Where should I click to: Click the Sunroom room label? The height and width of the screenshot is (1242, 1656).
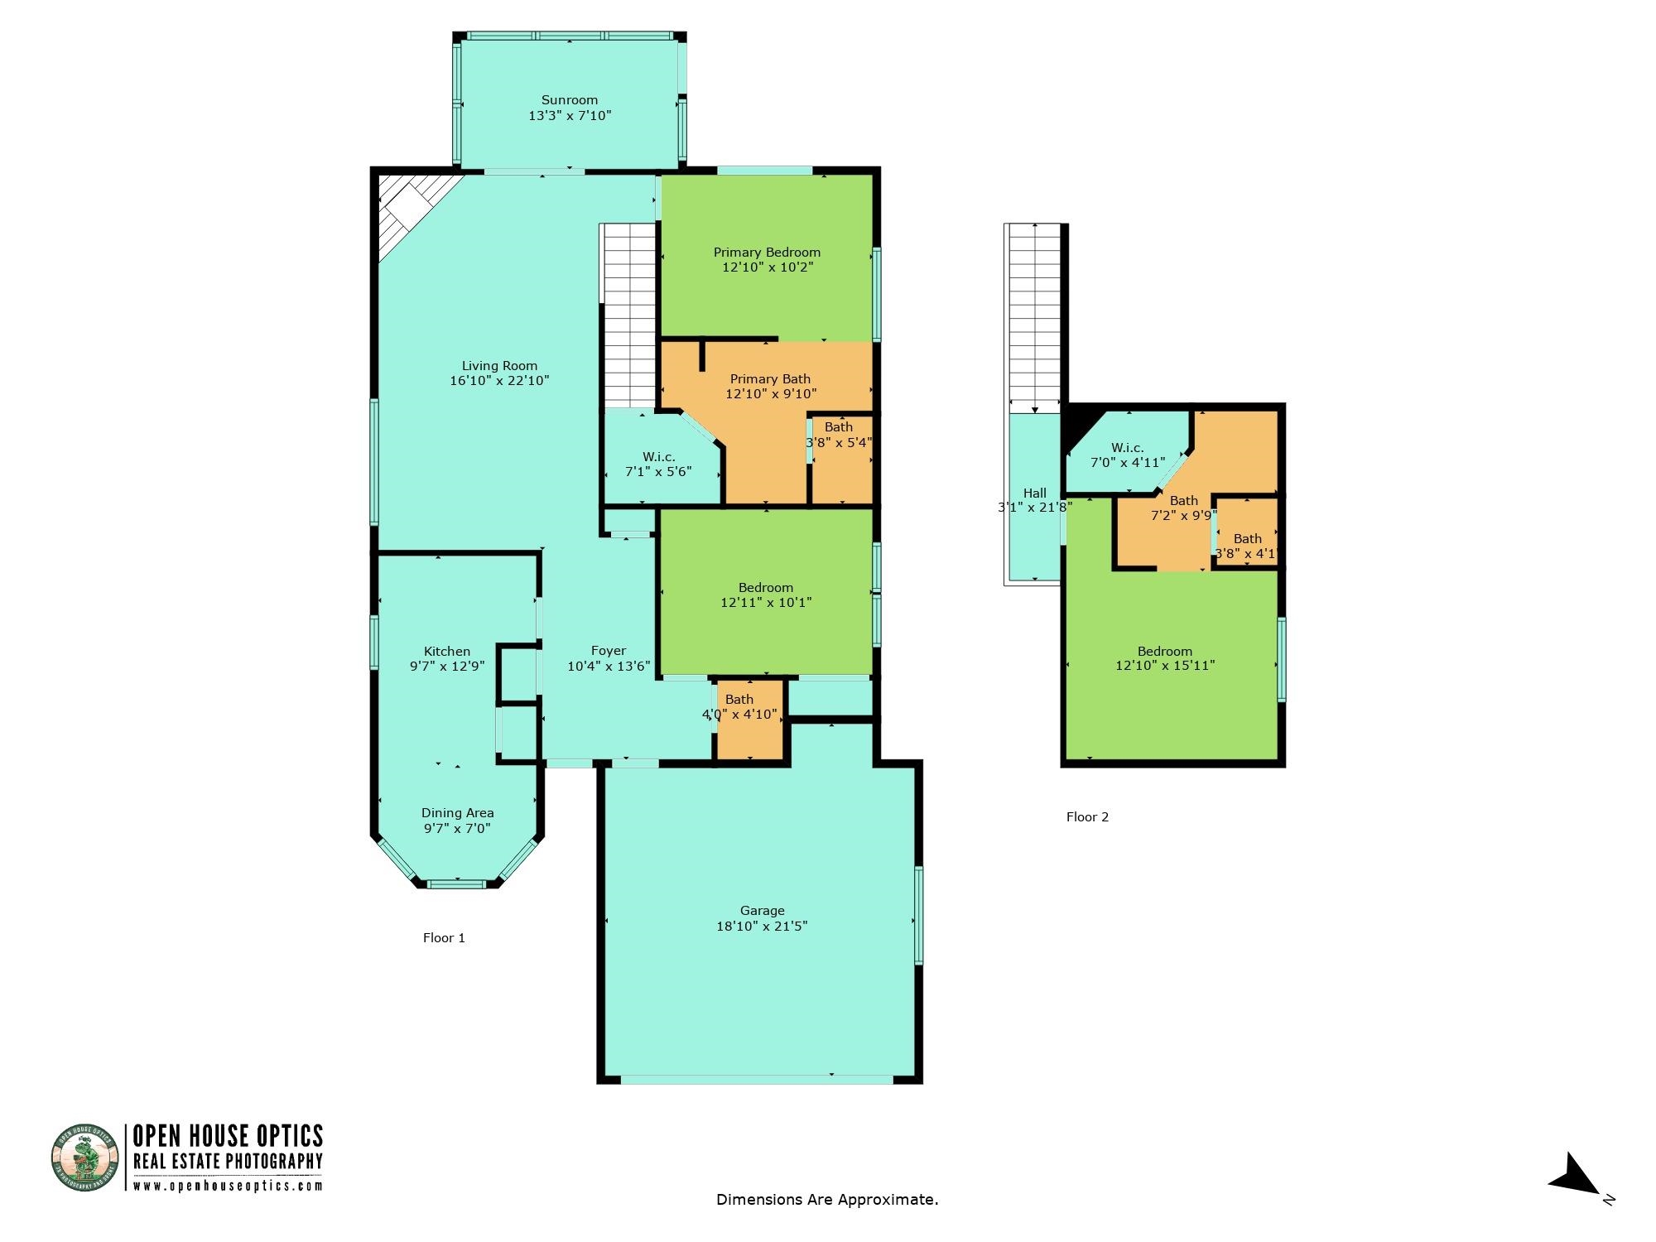click(570, 100)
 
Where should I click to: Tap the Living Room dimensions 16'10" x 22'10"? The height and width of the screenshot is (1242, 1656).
click(499, 381)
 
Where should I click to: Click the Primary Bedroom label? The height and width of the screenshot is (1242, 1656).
click(767, 253)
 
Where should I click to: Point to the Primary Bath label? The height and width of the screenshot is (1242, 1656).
click(770, 379)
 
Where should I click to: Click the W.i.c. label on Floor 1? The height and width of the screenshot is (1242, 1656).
click(659, 457)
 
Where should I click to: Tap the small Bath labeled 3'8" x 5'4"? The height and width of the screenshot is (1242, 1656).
click(839, 435)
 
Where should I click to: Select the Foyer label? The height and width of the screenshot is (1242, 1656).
click(609, 651)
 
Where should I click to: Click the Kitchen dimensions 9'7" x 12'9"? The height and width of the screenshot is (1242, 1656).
click(447, 666)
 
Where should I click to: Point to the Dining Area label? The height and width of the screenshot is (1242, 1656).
click(457, 813)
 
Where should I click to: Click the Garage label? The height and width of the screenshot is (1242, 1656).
click(762, 911)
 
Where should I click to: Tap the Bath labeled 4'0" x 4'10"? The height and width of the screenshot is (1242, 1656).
click(739, 706)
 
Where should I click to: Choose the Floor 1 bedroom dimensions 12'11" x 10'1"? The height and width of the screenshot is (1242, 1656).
click(766, 603)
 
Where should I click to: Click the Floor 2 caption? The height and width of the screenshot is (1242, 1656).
click(1087, 817)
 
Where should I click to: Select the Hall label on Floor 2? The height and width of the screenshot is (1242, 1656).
click(1035, 493)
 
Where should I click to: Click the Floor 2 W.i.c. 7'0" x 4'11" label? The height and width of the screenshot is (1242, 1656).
click(1128, 455)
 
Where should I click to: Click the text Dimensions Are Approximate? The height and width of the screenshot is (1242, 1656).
click(827, 1199)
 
